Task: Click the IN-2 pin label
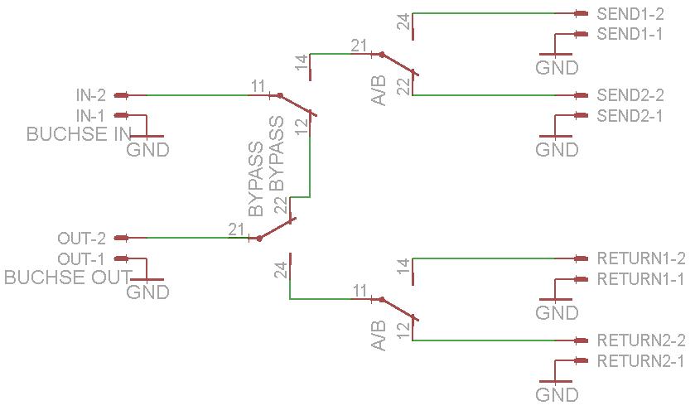[x=90, y=95]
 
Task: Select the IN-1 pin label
[x=90, y=116]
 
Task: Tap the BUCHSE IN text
[x=80, y=134]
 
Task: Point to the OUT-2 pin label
[x=81, y=239]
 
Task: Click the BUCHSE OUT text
[x=68, y=278]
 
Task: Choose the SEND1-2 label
[x=630, y=14]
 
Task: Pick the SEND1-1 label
[x=630, y=34]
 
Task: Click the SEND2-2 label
[x=630, y=95]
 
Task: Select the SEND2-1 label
[x=630, y=116]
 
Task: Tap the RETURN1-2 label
[x=640, y=258]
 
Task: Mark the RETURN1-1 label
[x=640, y=279]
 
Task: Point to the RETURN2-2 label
[x=640, y=340]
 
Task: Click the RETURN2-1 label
[x=640, y=361]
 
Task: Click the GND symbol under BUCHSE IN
[x=147, y=144]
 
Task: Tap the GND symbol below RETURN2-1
[x=557, y=389]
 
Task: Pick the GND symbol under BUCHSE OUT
[x=147, y=287]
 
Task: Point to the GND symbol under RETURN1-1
[x=557, y=307]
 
